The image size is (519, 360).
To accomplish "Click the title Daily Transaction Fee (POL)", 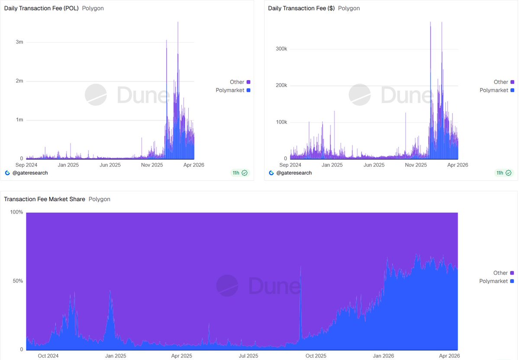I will [x=41, y=8].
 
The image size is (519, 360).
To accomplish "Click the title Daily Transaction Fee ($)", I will [x=301, y=8].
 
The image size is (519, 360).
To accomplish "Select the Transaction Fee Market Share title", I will [x=45, y=199].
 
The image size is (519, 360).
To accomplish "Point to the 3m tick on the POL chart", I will [x=19, y=42].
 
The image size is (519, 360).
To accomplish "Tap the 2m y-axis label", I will [x=19, y=81].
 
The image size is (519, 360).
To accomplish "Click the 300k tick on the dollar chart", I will [x=281, y=49].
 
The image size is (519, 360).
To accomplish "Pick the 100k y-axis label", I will [x=281, y=122].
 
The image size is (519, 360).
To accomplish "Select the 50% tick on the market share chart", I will [x=18, y=281].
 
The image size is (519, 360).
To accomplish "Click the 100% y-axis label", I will [x=16, y=212].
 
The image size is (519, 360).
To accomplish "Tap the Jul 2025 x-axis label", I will [x=248, y=356].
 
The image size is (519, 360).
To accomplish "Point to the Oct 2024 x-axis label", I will [x=48, y=356].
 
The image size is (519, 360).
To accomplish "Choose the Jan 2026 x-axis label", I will [x=383, y=356].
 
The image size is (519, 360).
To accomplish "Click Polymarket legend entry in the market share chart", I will [x=493, y=281].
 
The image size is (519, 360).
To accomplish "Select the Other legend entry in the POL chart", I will [x=237, y=82].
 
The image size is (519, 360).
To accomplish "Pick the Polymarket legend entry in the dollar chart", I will [x=494, y=90].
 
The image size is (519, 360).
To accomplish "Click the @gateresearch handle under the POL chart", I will [x=29, y=173].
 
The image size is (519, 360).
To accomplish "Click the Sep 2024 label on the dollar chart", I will [x=290, y=165].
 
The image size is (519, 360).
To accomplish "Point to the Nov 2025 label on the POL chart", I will [x=152, y=165].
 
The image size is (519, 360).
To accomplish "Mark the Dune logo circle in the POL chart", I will [x=96, y=95].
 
